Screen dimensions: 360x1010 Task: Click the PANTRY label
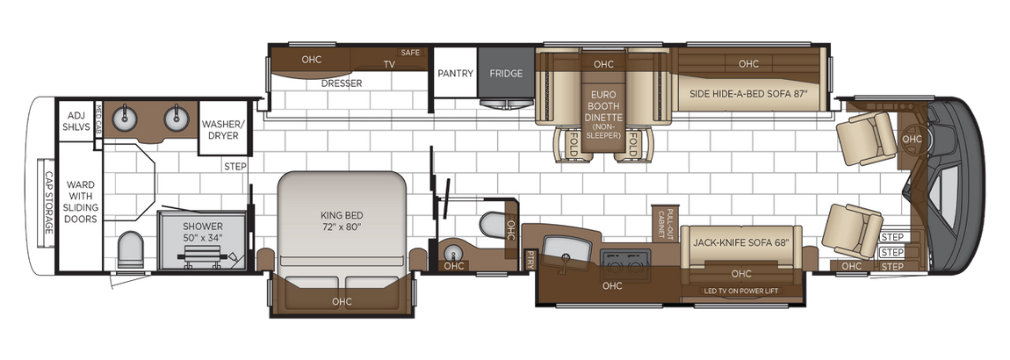pos(456,74)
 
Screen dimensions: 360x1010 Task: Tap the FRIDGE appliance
pos(506,74)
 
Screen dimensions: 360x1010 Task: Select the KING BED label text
pos(343,220)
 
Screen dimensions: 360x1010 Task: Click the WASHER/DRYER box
pos(222,129)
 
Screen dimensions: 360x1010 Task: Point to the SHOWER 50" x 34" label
pos(203,232)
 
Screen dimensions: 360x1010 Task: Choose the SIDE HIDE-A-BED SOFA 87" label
pos(747,93)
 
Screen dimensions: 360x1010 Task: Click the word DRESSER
pos(342,83)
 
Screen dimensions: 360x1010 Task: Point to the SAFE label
pos(411,53)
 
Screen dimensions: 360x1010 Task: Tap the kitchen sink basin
pos(563,248)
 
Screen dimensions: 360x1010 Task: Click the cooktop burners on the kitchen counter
pos(624,257)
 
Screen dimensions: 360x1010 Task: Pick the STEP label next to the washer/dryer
pos(235,166)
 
